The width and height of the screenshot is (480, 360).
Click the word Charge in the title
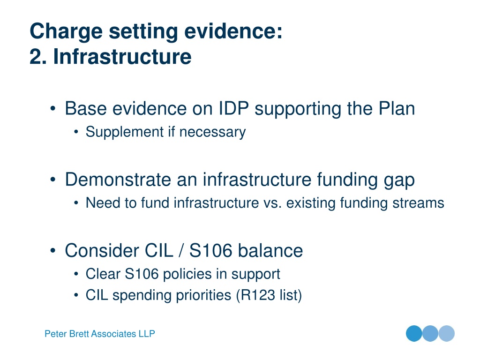pyautogui.click(x=66, y=32)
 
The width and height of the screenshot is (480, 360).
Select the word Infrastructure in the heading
pyautogui.click(x=122, y=57)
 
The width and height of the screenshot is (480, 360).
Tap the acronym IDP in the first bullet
pyautogui.click(x=233, y=108)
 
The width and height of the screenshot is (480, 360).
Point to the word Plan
pyautogui.click(x=397, y=108)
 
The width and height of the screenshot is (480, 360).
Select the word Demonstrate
pyautogui.click(x=118, y=180)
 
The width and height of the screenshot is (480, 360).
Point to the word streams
pyautogui.click(x=418, y=203)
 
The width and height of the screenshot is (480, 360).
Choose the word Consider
pyautogui.click(x=102, y=250)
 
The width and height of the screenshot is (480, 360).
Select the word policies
pyautogui.click(x=187, y=274)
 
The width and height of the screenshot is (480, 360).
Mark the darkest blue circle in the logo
pyautogui.click(x=414, y=333)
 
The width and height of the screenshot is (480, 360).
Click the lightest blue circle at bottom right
pyautogui.click(x=447, y=333)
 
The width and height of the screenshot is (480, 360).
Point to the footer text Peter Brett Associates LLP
pyautogui.click(x=100, y=334)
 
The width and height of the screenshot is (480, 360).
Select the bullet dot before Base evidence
pyautogui.click(x=53, y=109)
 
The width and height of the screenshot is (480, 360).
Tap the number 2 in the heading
pyautogui.click(x=36, y=57)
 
